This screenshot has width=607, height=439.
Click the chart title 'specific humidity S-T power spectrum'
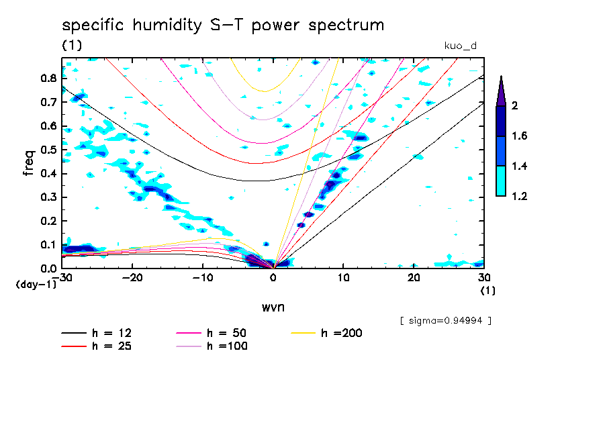(x=223, y=26)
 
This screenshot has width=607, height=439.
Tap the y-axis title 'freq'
(x=28, y=163)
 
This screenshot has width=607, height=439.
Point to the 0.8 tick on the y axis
(x=48, y=78)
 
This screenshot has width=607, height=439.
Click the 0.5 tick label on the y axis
(x=48, y=150)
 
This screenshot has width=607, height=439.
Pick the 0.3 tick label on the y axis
(x=48, y=197)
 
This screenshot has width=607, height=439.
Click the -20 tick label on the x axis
(x=132, y=278)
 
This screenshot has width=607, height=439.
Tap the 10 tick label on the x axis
(x=344, y=278)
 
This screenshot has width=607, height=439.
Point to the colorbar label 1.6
(x=520, y=136)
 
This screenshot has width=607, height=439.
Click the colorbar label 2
(x=515, y=105)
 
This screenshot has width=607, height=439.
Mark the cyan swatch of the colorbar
(x=501, y=181)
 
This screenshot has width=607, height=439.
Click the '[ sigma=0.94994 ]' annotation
(x=445, y=320)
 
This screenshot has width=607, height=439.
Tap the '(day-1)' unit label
(x=36, y=284)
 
